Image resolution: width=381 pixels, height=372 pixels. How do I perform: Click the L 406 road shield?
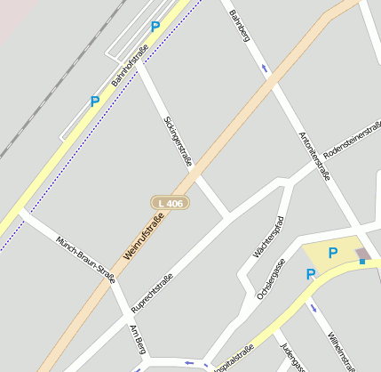(x=169, y=204)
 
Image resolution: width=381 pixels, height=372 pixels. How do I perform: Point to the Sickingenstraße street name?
(x=178, y=141)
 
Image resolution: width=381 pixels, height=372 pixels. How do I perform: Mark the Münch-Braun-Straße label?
(x=85, y=260)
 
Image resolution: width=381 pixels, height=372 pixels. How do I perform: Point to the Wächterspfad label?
(x=268, y=237)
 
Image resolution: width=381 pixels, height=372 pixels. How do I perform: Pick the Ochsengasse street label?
(x=270, y=278)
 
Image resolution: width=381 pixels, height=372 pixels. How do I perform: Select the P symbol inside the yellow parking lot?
(x=333, y=254)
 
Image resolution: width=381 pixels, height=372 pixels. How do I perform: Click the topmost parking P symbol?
(x=155, y=27)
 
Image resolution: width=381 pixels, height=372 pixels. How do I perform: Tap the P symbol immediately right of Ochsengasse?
(x=311, y=275)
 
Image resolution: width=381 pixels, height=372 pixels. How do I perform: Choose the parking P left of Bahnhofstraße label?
(x=95, y=101)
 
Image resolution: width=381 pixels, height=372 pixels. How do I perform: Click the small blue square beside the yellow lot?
(x=362, y=262)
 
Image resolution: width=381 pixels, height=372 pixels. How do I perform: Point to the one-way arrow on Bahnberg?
(x=263, y=68)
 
